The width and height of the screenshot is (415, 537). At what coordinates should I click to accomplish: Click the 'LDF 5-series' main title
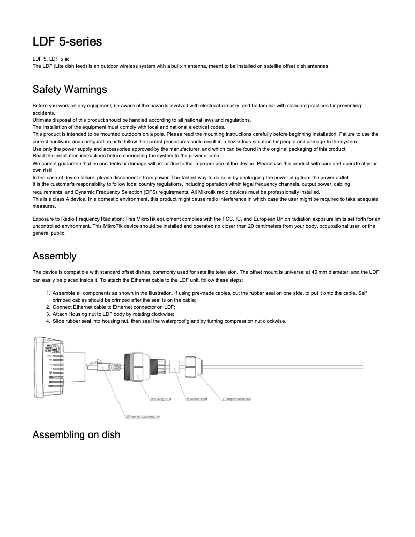click(67, 41)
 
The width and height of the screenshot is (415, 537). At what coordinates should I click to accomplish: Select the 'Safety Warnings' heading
click(69, 89)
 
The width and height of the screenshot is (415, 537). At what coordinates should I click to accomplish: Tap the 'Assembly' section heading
click(54, 256)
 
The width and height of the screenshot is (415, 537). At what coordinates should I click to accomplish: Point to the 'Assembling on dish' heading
click(76, 434)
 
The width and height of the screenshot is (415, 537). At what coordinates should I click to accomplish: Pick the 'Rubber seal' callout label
click(197, 399)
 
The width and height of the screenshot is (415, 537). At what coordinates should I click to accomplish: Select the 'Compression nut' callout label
click(237, 399)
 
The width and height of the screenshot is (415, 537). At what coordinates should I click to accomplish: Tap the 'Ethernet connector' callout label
click(143, 416)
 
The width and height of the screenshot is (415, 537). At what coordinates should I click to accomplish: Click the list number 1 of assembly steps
click(49, 293)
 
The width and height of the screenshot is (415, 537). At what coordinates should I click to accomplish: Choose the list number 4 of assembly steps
click(49, 321)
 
